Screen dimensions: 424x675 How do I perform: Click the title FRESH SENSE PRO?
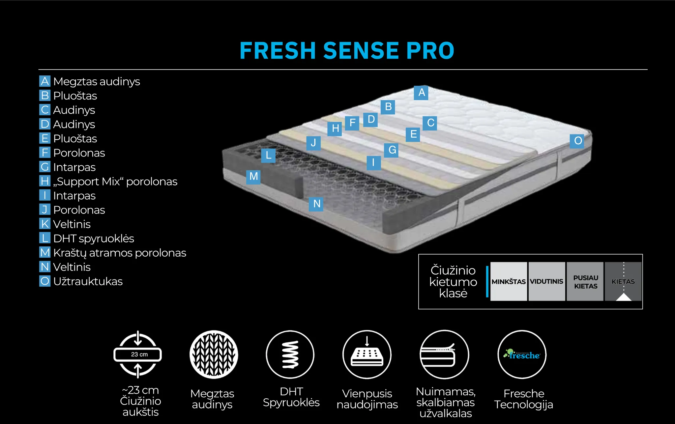point(347,51)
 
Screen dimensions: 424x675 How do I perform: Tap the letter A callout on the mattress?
point(421,93)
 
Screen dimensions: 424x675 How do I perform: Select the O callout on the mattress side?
point(577,141)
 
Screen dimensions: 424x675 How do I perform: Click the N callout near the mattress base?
point(316,204)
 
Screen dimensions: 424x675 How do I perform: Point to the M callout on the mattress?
point(253,177)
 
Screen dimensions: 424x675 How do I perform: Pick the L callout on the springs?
point(268,155)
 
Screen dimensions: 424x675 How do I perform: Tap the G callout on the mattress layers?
point(392,150)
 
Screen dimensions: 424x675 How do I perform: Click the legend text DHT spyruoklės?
point(94,238)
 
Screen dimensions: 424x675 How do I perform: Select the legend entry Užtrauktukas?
point(88,281)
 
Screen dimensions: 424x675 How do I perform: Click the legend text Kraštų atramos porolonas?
point(119,253)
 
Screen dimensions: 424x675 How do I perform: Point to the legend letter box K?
point(45,224)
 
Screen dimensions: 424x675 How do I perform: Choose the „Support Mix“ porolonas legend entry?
point(115,181)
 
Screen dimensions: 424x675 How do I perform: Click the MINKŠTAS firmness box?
point(508,281)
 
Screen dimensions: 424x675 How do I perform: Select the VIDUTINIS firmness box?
point(546,281)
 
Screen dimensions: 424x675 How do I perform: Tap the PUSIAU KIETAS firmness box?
point(585,281)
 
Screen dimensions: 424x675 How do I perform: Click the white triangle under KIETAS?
point(623,297)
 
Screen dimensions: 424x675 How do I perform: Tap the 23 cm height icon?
point(138,354)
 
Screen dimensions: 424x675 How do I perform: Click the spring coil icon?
point(290,354)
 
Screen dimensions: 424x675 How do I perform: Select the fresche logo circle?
point(522,354)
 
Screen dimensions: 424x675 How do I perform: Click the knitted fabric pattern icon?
point(214,354)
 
